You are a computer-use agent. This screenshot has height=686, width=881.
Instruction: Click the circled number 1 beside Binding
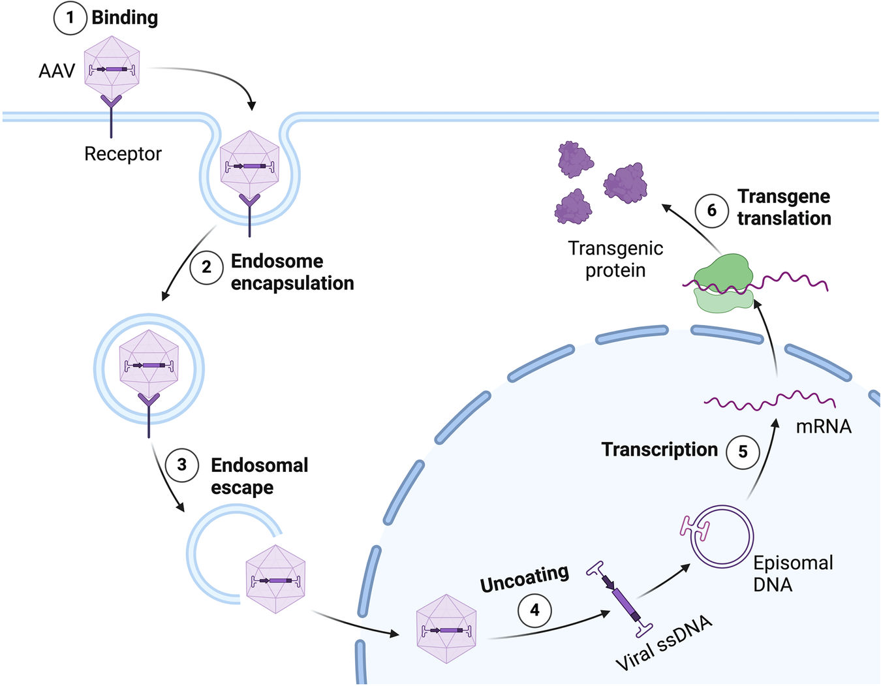70,18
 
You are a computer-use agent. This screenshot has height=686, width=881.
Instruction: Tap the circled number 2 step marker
206,268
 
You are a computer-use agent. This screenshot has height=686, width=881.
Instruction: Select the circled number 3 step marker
182,465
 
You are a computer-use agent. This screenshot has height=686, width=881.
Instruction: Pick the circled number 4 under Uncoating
534,610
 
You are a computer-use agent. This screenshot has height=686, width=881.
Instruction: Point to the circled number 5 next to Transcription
743,452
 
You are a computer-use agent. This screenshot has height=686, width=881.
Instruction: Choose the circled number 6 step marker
711,210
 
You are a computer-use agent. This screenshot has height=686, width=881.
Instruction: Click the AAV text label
57,70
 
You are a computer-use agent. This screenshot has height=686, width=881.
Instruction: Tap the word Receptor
123,154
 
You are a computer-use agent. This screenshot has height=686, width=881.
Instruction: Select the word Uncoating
524,578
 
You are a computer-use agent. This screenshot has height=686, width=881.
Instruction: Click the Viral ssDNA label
664,644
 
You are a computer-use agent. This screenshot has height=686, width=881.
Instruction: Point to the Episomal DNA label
792,573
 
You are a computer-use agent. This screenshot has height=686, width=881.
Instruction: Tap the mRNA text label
824,426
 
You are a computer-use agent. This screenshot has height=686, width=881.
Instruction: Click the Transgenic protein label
615,259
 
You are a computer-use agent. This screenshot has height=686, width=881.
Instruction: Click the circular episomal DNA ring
722,536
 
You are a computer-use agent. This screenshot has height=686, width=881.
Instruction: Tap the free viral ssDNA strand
620,599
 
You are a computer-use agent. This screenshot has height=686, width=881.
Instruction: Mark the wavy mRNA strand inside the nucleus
770,399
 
